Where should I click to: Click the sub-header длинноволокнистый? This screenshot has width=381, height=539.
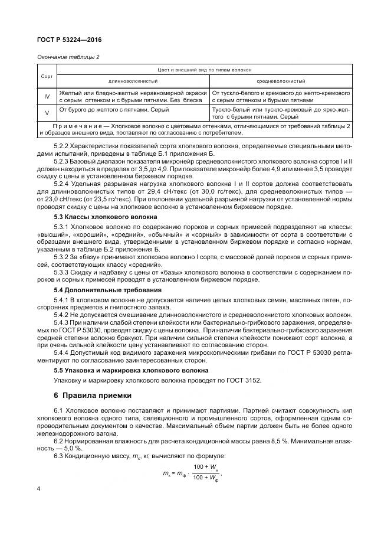pyautogui.click(x=132, y=81)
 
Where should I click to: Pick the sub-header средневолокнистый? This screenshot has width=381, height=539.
pyautogui.click(x=280, y=81)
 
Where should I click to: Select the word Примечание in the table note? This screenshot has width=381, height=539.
pyautogui.click(x=77, y=126)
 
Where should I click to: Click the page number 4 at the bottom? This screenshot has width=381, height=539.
pyautogui.click(x=39, y=489)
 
